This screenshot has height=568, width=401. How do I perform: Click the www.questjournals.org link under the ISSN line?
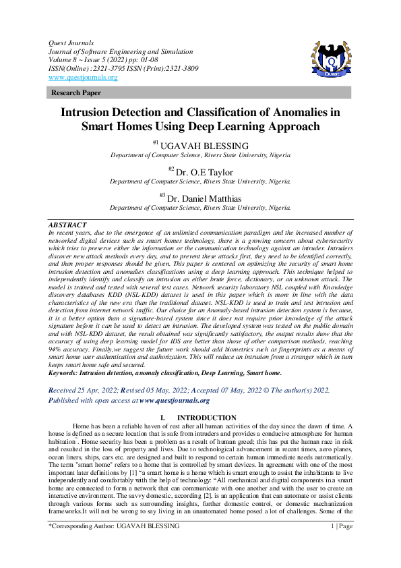pyautogui.click(x=84, y=78)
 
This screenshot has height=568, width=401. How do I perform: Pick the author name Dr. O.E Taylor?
pyautogui.click(x=205, y=172)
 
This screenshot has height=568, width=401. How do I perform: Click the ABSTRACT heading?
pyautogui.click(x=67, y=223)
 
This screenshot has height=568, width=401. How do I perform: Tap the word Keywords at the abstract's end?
pyautogui.click(x=66, y=372)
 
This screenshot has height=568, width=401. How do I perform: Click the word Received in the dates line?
pyautogui.click(x=65, y=391)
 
